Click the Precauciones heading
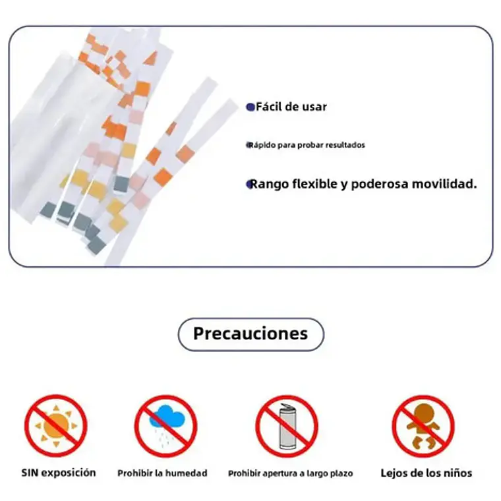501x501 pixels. pos(250,334)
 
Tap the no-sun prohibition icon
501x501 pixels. pos(56,426)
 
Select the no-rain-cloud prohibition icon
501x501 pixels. pos(166,427)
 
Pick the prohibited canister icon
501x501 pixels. pos(287,427)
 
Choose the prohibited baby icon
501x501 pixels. pos(423,427)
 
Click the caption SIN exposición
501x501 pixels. pos(59,473)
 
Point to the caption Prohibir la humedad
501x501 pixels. pos(162,473)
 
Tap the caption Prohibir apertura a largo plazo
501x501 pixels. pos(291,473)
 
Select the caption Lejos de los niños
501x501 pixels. pos(427,473)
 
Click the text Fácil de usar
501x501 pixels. pos(291,107)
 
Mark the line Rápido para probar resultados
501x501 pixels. pos(307,145)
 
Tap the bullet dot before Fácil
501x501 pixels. pos(250,107)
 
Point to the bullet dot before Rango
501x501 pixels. pos(250,184)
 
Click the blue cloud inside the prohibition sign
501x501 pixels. pos(167,417)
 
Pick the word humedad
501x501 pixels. pos(190,473)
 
